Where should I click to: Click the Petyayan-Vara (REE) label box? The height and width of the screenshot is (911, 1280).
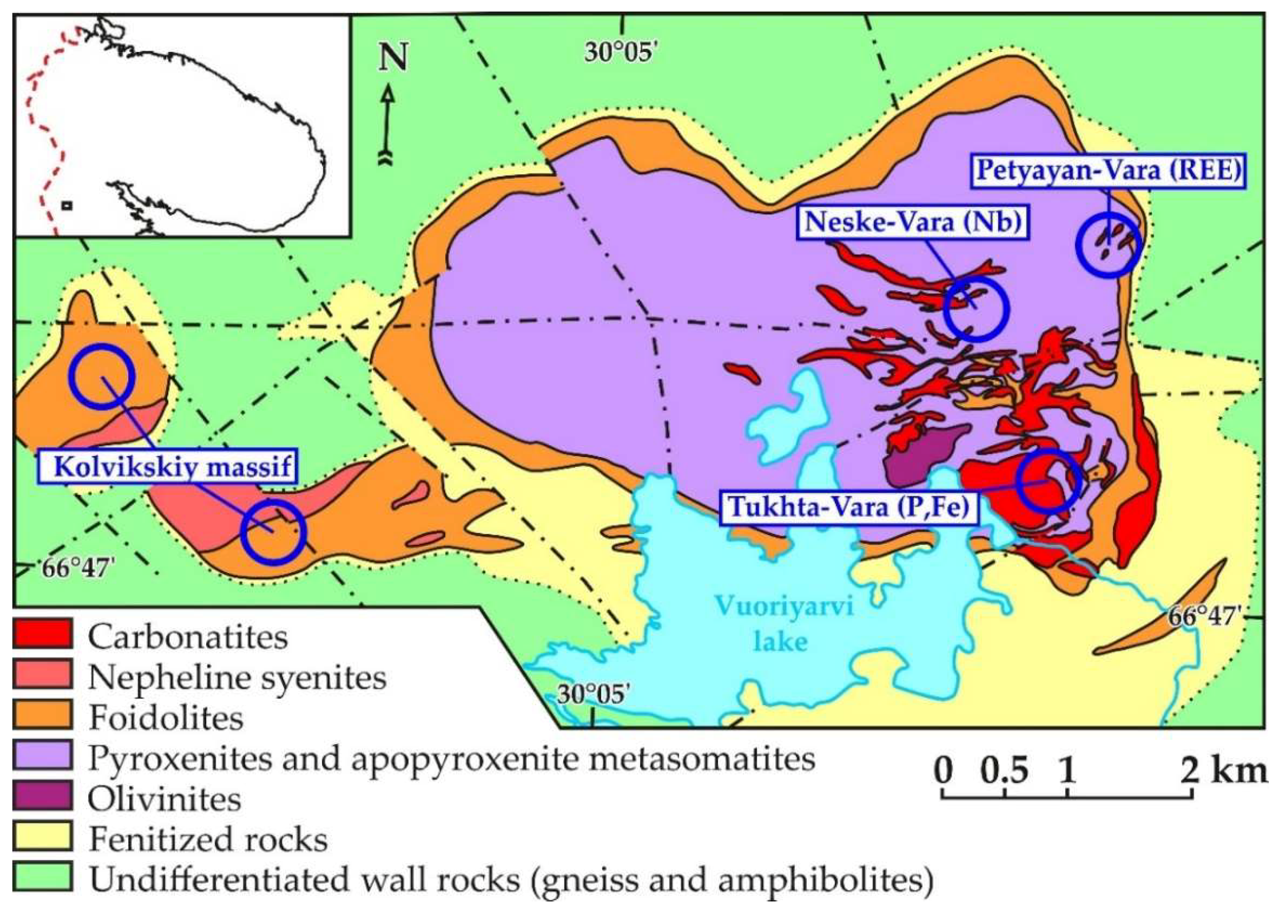pos(1109,169)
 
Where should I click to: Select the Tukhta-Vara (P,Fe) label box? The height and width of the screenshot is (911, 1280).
pos(849,507)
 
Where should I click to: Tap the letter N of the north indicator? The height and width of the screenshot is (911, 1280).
pos(392,58)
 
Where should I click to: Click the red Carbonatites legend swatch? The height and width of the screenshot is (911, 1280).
pos(42,634)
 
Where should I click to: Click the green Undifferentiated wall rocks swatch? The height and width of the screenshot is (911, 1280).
pos(42,877)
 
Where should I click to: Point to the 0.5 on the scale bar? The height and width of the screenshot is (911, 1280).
pos(1005,771)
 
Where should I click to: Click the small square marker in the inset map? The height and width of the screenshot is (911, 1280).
pos(67,206)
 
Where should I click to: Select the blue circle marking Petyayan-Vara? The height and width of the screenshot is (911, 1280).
pos(1108,246)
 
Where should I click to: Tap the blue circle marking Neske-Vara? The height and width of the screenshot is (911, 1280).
pos(976,308)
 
